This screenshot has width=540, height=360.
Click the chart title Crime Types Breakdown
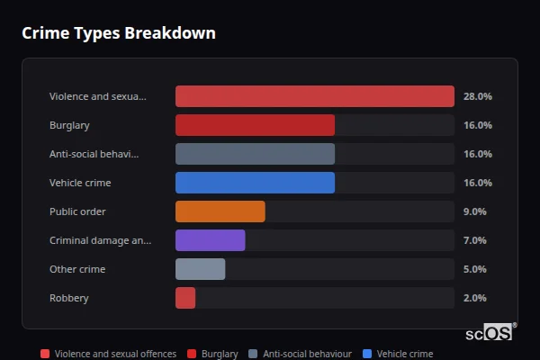point(118,33)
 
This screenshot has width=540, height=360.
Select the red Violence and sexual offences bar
point(314,96)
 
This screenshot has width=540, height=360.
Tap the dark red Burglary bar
point(255,125)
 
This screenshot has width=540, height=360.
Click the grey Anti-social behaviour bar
point(255,154)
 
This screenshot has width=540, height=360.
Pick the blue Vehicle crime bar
point(255,183)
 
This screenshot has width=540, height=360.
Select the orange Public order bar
point(220,211)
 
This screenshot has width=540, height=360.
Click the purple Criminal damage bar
point(210,240)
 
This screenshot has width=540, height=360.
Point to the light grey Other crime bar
point(200,269)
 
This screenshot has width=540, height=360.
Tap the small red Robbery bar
point(185,298)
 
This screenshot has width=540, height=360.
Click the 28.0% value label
point(477,96)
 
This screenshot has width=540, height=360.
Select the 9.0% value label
point(474,211)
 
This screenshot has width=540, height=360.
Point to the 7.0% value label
point(474,240)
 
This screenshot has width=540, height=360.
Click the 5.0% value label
point(474,269)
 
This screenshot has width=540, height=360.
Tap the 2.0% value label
point(474,298)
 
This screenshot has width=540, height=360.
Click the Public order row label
point(77,211)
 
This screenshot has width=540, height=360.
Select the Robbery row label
point(69,298)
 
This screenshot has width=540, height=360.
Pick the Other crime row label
point(77,269)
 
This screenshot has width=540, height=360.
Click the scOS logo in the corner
point(490,332)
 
